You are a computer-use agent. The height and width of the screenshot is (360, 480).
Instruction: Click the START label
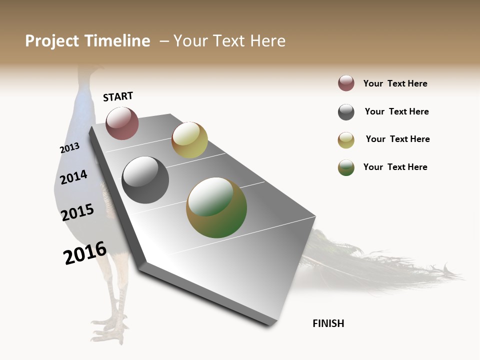[118, 96]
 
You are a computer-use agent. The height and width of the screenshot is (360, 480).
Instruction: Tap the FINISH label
[328, 323]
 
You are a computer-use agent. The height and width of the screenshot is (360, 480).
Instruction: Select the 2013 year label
[69, 148]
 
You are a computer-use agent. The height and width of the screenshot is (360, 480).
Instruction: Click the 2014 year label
[73, 177]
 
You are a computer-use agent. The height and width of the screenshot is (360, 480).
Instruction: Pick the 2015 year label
[77, 212]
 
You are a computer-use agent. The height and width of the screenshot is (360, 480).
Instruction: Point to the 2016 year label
[85, 253]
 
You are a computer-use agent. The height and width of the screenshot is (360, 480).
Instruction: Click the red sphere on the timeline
[122, 123]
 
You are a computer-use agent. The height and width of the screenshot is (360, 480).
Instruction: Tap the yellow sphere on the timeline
[189, 140]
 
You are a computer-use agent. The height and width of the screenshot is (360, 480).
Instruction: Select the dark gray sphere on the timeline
[145, 180]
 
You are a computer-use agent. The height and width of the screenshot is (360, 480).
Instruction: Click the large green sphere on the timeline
[216, 207]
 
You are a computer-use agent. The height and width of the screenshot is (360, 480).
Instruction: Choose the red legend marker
[346, 83]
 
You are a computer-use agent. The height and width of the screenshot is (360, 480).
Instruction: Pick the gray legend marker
[346, 112]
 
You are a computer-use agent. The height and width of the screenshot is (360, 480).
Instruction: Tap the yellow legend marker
[346, 140]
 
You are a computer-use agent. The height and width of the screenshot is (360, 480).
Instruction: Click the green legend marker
[346, 167]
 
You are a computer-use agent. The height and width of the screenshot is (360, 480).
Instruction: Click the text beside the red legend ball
[395, 83]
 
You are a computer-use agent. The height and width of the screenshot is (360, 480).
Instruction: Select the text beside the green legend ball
[395, 167]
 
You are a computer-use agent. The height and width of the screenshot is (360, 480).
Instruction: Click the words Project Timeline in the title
[87, 41]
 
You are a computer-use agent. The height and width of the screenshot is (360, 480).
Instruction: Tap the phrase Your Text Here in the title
[229, 41]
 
